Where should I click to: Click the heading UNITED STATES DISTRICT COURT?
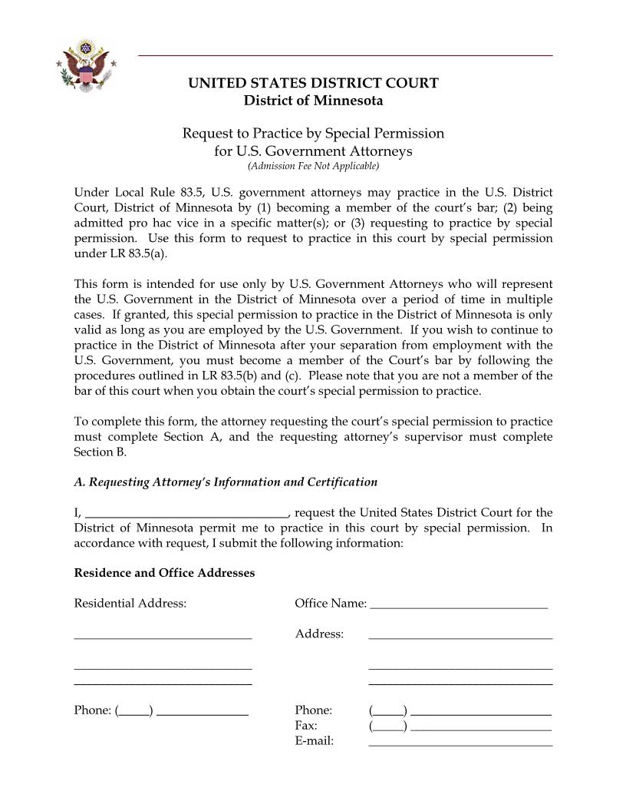coord(313,84)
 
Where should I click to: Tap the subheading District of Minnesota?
coord(313,101)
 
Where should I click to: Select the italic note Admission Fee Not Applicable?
coord(313,166)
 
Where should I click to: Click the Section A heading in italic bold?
coord(226,482)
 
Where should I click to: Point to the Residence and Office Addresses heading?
coord(164,573)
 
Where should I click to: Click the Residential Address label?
coord(130,604)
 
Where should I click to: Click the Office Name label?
coord(330,604)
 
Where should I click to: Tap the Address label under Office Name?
coord(319,634)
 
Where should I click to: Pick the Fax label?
coord(306,725)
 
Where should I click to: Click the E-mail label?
coord(315,741)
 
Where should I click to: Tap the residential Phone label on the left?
coord(93,710)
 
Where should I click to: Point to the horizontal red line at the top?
coord(345,56)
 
